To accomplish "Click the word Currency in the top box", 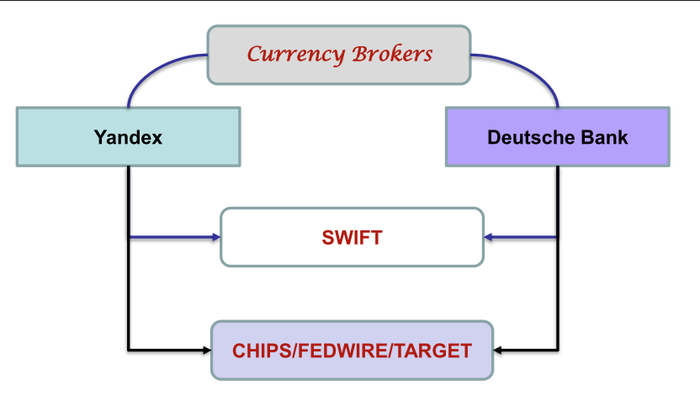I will pyautogui.click(x=295, y=55).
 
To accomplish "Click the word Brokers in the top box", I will pyautogui.click(x=392, y=55).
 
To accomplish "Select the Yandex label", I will pyautogui.click(x=128, y=136).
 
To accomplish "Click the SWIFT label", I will pyautogui.click(x=352, y=238).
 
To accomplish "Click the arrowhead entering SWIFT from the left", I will pyautogui.click(x=215, y=238).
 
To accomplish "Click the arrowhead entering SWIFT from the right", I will pyautogui.click(x=489, y=238).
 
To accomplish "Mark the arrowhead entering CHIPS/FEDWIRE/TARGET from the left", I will pyautogui.click(x=206, y=349).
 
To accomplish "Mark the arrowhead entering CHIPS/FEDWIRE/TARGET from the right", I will pyautogui.click(x=498, y=349).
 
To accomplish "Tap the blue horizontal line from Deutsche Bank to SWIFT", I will pyautogui.click(x=525, y=238).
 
